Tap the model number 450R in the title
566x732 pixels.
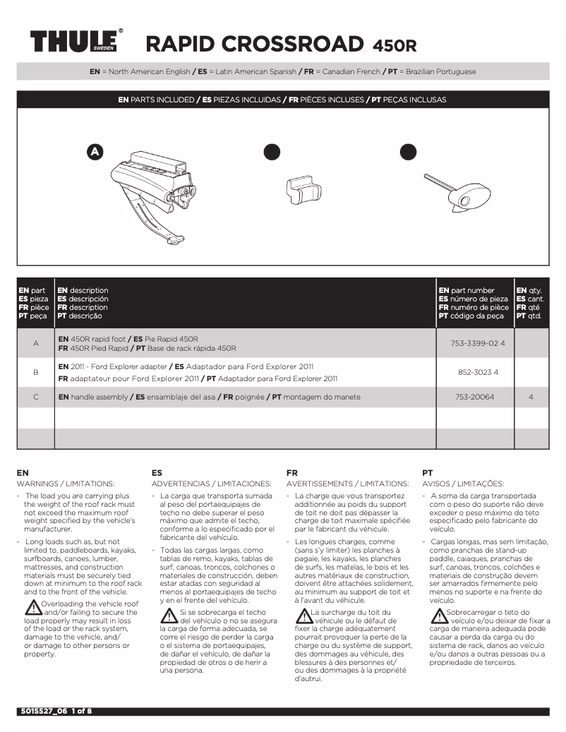pos(394,46)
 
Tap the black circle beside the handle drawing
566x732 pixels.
pos(408,152)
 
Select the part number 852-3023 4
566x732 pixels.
pos(478,371)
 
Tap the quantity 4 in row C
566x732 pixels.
pos(531,397)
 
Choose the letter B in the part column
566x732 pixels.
pos(35,371)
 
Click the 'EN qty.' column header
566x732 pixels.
pos(531,290)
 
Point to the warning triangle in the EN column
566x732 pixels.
pos(32,607)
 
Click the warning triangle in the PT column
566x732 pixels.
pos(438,615)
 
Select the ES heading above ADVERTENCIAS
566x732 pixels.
pos(157,472)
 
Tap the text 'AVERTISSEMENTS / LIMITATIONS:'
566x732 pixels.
pos(347,484)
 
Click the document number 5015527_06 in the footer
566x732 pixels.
pos(42,711)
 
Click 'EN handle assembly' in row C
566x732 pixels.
pos(92,397)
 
